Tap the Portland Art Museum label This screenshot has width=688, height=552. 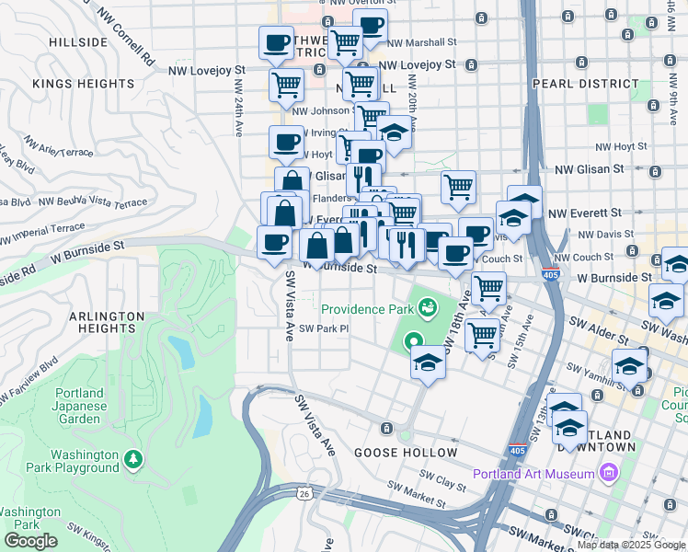[533, 475]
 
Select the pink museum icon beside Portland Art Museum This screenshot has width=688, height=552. [607, 475]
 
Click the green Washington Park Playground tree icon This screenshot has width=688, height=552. [134, 458]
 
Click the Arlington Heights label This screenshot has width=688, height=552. [107, 322]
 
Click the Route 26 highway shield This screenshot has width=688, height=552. [317, 494]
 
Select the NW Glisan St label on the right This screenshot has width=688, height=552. [591, 168]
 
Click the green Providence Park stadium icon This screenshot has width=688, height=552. [427, 305]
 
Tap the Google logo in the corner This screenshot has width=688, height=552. [30, 541]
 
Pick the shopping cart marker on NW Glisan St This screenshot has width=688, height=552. [457, 187]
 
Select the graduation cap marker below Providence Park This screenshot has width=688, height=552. [428, 362]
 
